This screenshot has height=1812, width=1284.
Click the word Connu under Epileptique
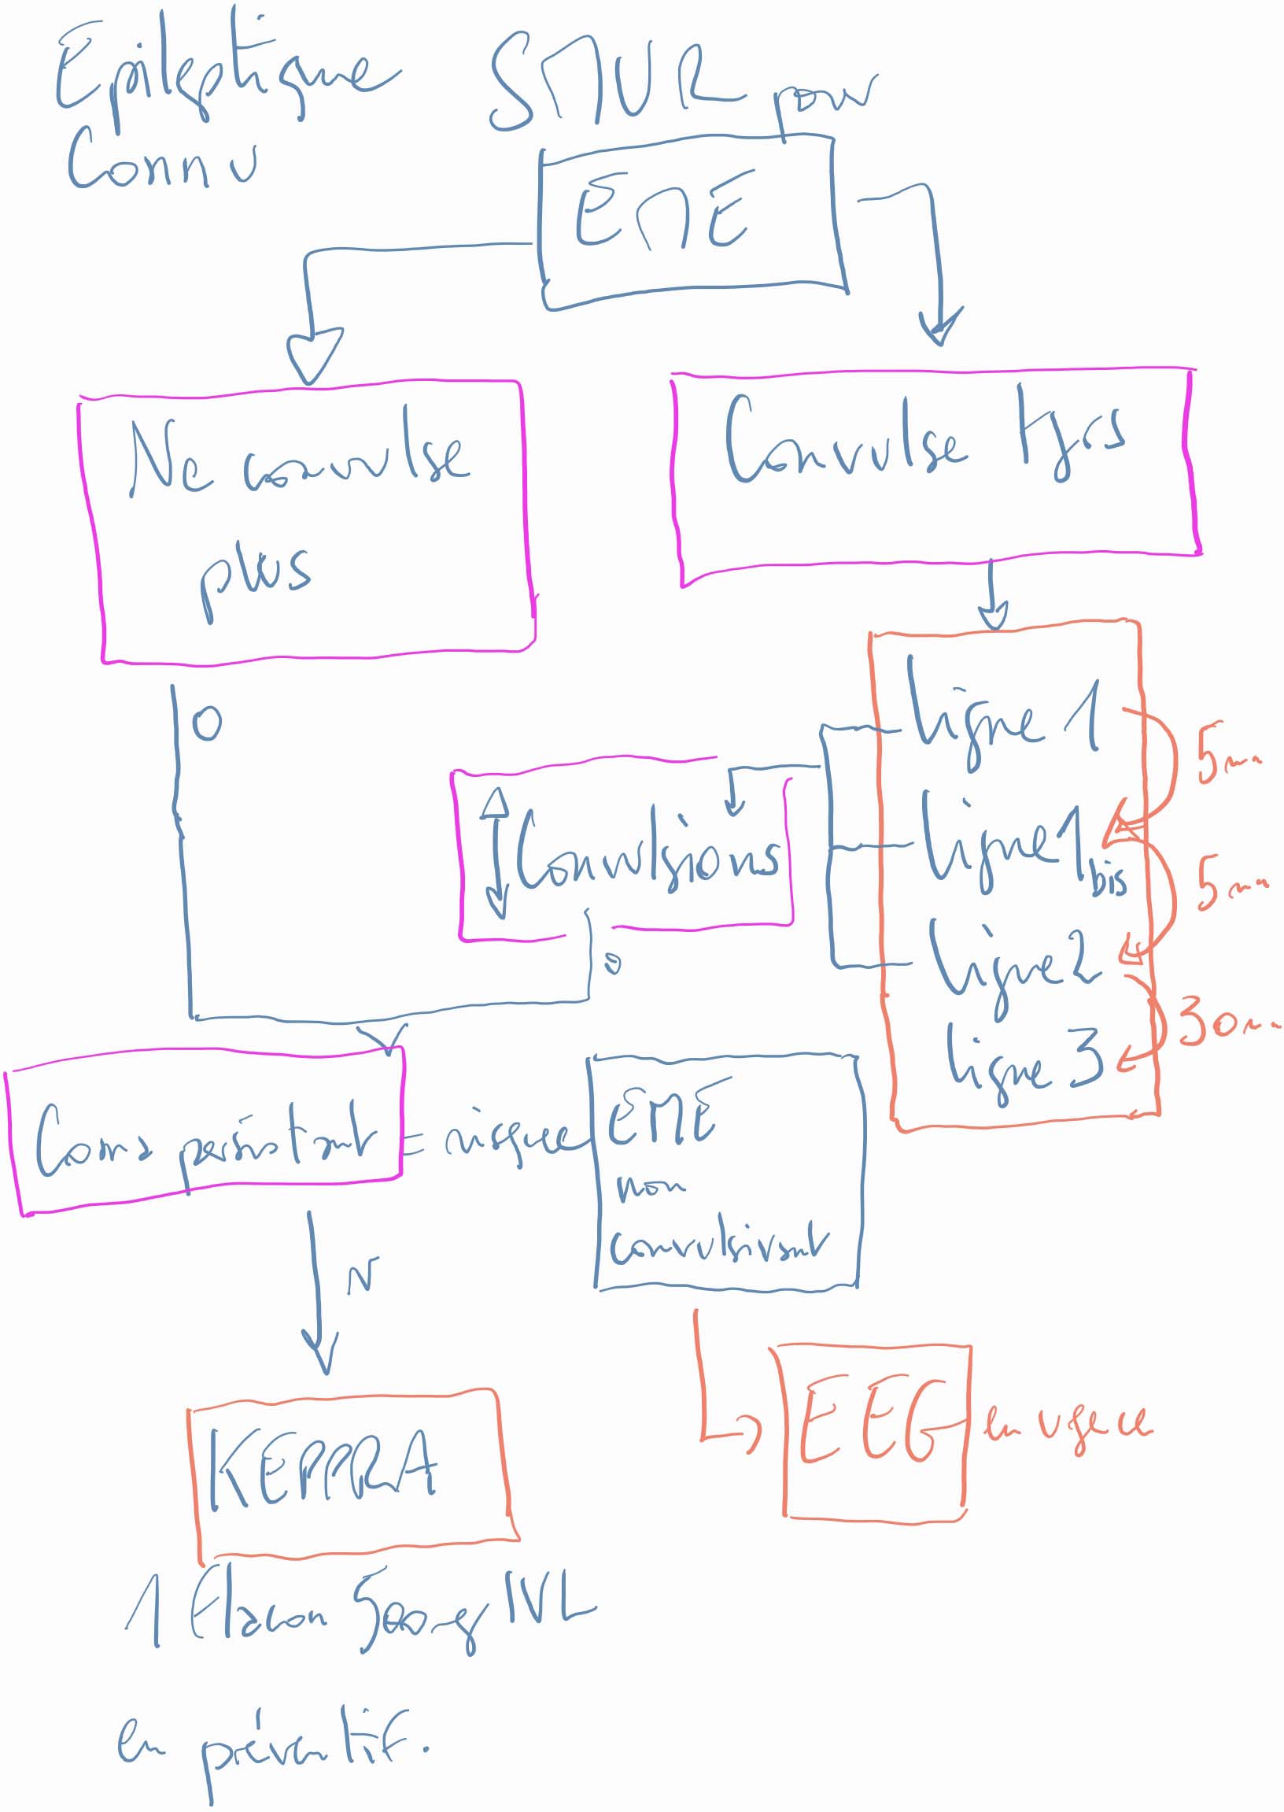(x=162, y=162)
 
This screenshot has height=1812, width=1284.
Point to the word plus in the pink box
(x=255, y=573)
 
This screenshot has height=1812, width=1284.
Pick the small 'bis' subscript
(x=1109, y=879)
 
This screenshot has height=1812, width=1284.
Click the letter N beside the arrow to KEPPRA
(x=363, y=1274)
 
